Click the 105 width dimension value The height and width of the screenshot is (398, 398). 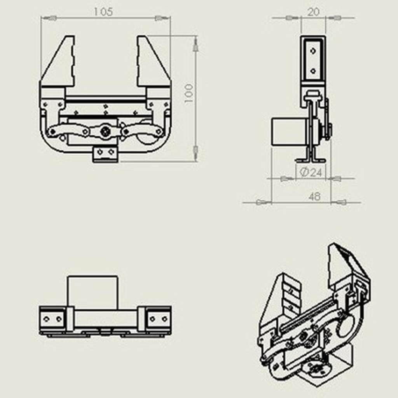(103, 12)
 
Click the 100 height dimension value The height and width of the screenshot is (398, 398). (189, 93)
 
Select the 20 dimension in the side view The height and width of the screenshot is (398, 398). (314, 12)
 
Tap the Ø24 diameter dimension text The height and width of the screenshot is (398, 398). (311, 173)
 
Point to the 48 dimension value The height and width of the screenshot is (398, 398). (314, 196)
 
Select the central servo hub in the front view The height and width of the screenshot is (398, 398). (105, 131)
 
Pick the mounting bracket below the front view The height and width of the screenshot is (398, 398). (105, 154)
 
